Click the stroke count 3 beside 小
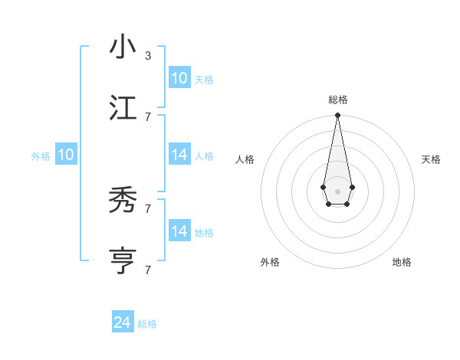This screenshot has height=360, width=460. pos(147,56)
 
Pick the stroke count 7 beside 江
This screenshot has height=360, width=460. pos(147,116)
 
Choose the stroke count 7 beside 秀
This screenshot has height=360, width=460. pos(147,208)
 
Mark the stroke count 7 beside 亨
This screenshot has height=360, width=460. pos(147,270)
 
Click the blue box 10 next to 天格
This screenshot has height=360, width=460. pos(179,78)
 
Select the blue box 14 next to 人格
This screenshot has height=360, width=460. pos(179,155)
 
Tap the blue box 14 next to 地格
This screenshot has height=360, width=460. pos(179,231)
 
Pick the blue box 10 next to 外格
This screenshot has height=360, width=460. pos(65,155)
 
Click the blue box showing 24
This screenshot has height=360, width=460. pos(123,322)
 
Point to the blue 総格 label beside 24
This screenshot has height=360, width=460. pos(147,324)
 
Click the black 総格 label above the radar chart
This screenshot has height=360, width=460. pos(337,100)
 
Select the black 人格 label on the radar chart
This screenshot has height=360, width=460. pos(245,159)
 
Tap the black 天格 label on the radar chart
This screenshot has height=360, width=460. pos(431,159)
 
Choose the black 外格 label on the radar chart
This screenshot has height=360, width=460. pos(270,262)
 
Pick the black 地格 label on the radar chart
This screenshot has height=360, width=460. pos(402,262)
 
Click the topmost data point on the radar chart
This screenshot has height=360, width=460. pos(337,116)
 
